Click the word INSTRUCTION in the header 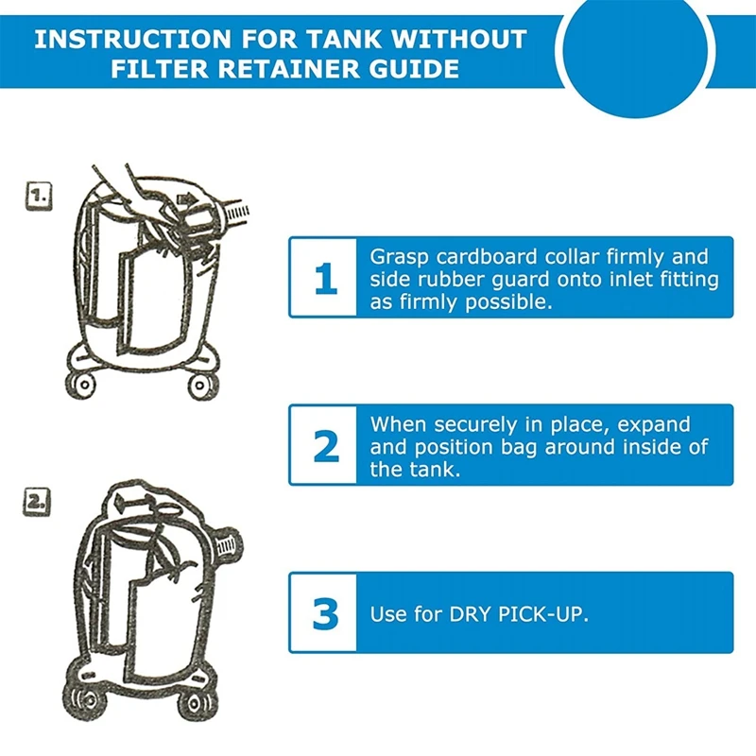pos(132,40)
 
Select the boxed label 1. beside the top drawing pos(39,196)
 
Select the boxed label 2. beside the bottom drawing pos(37,503)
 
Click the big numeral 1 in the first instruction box pos(325,278)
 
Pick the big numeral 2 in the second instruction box pos(326,446)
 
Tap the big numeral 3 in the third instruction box pos(326,613)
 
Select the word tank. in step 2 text pos(435,469)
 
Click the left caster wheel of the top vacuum pos(81,385)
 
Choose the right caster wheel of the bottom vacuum pos(197,703)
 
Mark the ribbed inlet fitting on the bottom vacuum pos(226,545)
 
